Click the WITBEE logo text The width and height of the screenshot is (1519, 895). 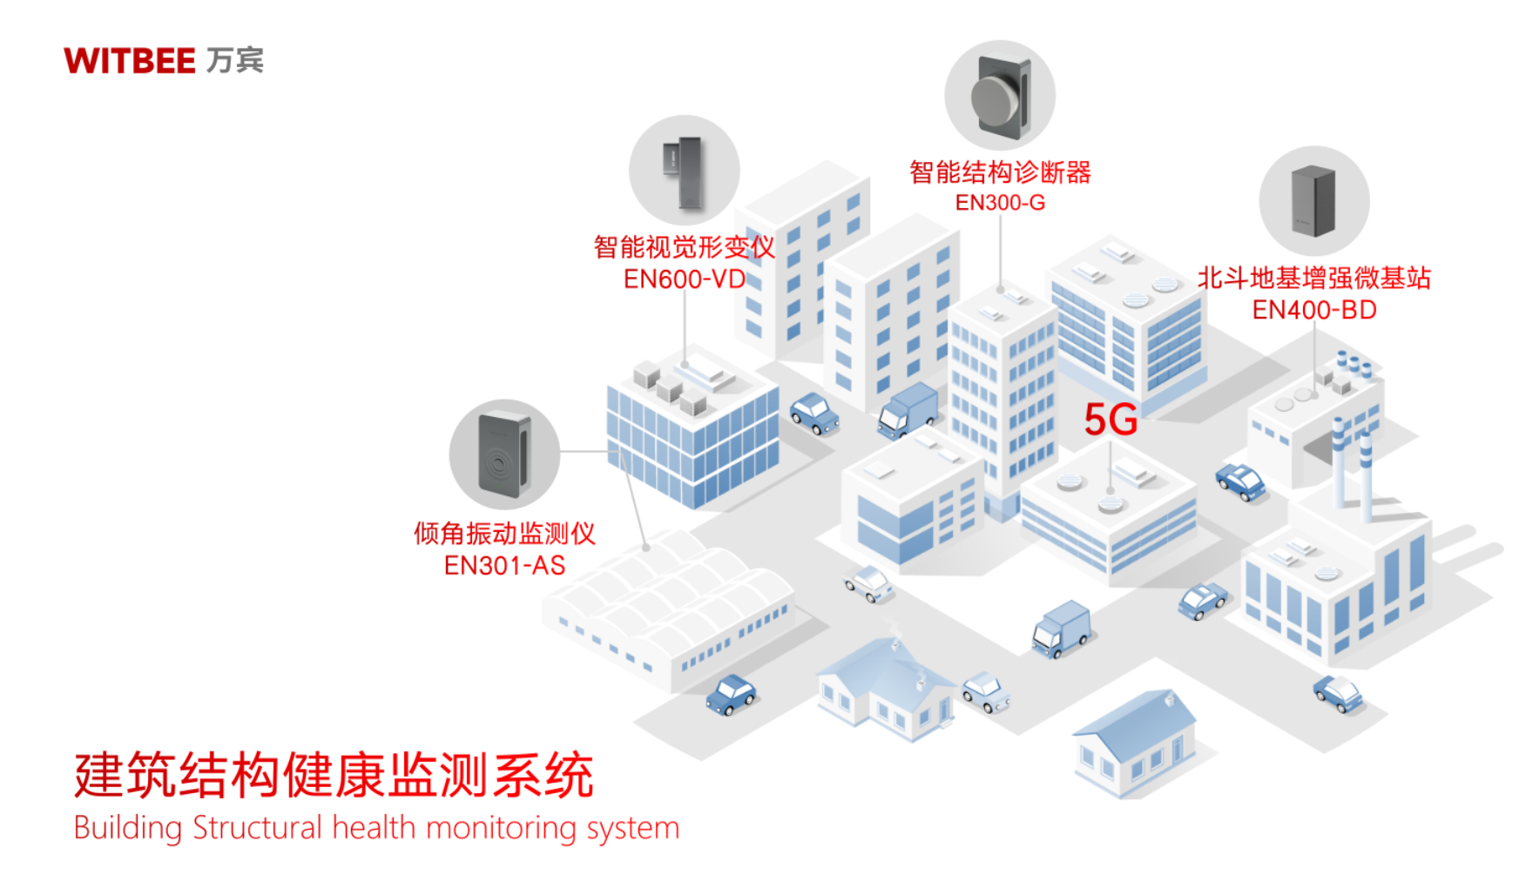[x=130, y=61]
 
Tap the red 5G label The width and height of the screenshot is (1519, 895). [x=1111, y=420]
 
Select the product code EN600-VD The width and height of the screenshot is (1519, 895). [x=685, y=279]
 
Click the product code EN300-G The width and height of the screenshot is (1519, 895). [x=1000, y=203]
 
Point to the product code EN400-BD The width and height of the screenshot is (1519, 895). [x=1314, y=310]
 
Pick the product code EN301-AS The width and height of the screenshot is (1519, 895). [x=504, y=566]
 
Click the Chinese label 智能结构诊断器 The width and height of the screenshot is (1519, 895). [x=1000, y=172]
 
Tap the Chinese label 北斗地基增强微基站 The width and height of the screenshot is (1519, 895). [x=1314, y=279]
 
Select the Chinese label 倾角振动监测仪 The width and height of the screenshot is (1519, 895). [x=504, y=534]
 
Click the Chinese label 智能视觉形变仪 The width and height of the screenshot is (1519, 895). [x=685, y=247]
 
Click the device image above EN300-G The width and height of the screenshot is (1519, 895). [x=1000, y=95]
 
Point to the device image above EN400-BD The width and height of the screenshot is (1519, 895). [x=1313, y=201]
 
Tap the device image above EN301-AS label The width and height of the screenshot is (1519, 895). [x=504, y=454]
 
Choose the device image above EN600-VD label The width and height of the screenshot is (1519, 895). [x=685, y=171]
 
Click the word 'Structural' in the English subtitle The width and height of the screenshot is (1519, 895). [x=257, y=828]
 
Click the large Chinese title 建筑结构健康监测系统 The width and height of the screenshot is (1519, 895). [x=334, y=775]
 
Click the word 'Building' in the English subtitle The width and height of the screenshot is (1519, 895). [x=127, y=828]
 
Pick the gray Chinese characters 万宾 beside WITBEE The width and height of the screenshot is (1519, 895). [x=235, y=61]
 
